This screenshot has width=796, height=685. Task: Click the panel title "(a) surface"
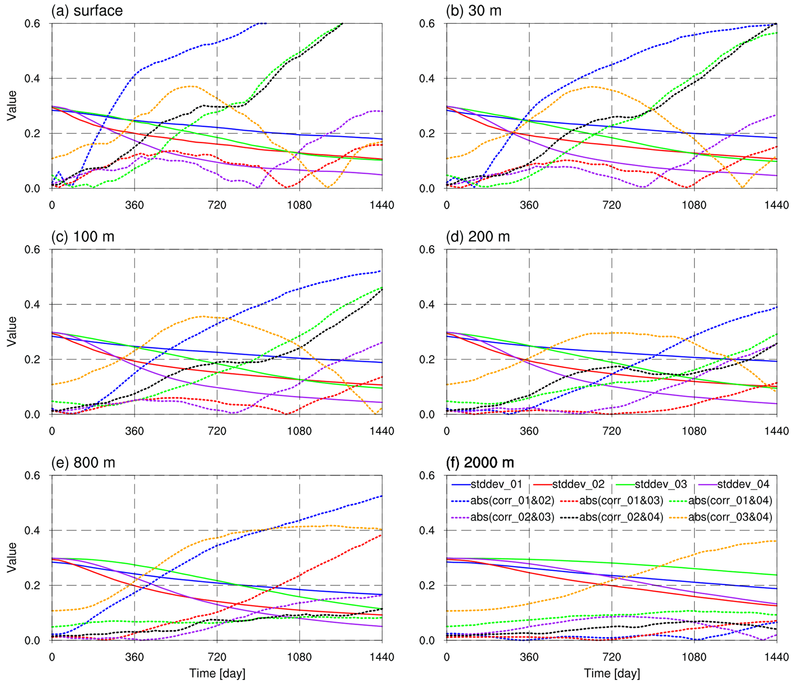pyautogui.click(x=87, y=11)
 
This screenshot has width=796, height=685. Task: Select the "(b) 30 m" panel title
pyautogui.click(x=474, y=11)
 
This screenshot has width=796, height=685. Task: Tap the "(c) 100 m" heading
pyautogui.click(x=83, y=236)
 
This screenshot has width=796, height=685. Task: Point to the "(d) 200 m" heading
pyautogui.click(x=478, y=236)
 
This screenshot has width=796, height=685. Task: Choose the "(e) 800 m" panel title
pyautogui.click(x=83, y=462)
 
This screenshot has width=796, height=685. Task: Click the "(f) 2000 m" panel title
pyautogui.click(x=480, y=462)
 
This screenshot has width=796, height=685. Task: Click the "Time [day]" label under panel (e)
pyautogui.click(x=217, y=673)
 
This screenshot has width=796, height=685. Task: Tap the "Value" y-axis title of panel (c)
pyautogui.click(x=12, y=332)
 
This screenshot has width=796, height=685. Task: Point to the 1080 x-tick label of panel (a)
pyautogui.click(x=299, y=205)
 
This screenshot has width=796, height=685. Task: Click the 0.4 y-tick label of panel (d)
pyautogui.click(x=427, y=304)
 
